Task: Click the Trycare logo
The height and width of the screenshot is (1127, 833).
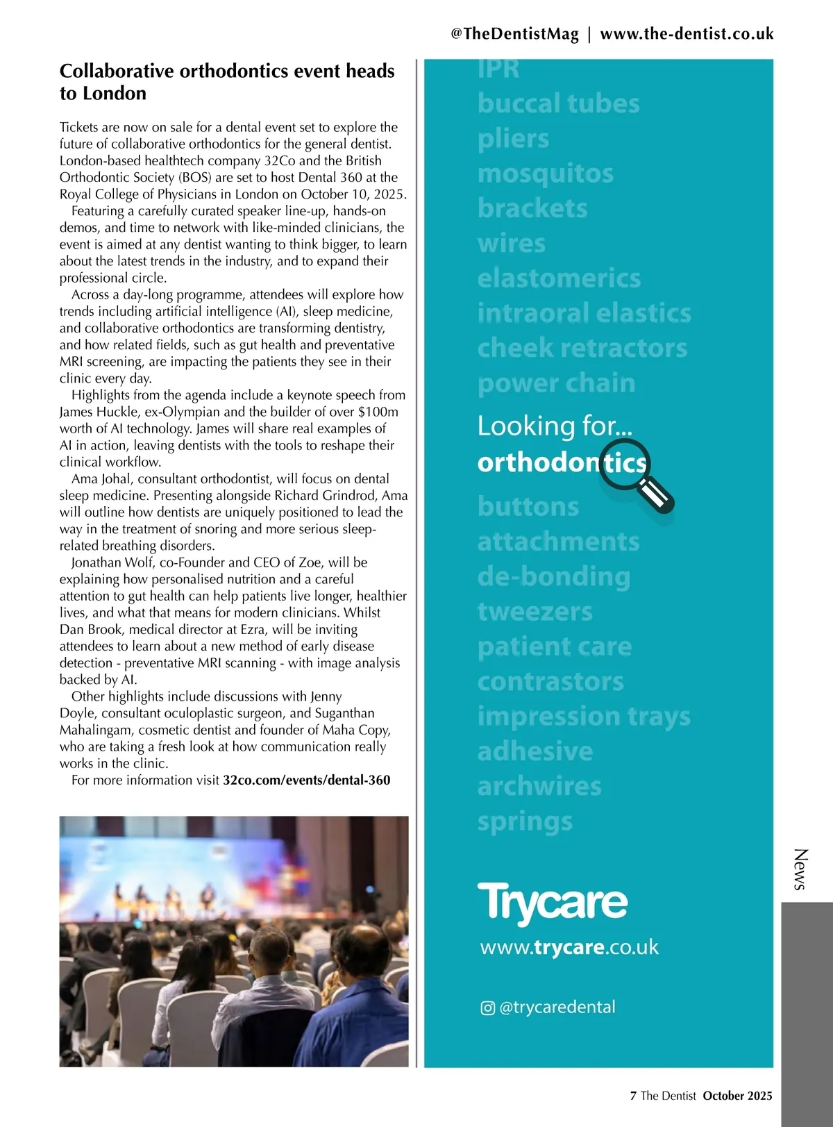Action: pos(553,903)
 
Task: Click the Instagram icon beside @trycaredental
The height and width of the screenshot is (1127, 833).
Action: pos(487,1008)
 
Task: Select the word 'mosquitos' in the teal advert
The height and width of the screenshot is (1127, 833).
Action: pos(545,174)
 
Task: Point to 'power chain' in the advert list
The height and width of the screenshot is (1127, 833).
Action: pos(556,383)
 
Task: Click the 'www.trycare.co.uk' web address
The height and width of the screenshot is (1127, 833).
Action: pos(569,947)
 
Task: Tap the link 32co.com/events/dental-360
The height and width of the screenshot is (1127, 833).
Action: pos(306,780)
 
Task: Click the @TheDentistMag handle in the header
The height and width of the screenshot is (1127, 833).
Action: pos(514,34)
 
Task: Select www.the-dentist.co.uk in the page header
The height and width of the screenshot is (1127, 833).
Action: pos(687,34)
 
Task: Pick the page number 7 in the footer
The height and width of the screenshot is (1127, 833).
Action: pos(633,1096)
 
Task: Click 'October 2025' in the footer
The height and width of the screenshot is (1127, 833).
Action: pos(737,1096)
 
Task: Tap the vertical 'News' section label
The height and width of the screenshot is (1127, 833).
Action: pos(800,869)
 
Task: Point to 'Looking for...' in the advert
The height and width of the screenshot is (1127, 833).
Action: pos(555,426)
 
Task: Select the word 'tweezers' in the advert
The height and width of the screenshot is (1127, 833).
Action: pos(535,612)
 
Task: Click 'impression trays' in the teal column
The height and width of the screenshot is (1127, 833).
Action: pos(584,716)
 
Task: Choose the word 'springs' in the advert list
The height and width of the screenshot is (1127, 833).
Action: pos(525,821)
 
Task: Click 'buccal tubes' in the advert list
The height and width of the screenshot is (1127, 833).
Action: pos(558,103)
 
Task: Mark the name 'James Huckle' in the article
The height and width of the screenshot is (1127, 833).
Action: pos(99,412)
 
